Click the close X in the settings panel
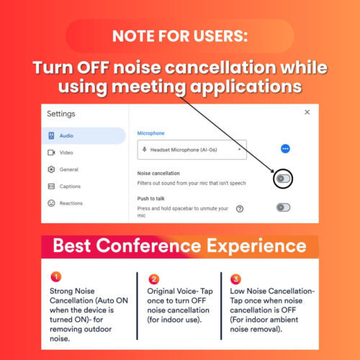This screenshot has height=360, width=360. point(307,112)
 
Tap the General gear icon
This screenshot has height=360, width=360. point(51,169)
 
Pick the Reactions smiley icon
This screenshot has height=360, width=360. point(51,203)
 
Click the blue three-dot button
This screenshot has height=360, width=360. point(285,149)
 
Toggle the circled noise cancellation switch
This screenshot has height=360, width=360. point(283,179)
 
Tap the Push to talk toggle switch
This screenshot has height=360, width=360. point(283,207)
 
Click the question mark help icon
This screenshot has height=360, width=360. point(240,209)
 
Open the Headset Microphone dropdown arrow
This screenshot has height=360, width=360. point(239,150)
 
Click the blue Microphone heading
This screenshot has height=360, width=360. point(150,133)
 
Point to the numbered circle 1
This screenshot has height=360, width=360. point(56,276)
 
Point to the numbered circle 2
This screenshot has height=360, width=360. point(154,279)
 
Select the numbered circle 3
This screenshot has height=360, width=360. point(235,279)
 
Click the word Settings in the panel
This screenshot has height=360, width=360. point(61,114)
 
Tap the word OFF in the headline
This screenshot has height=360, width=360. point(93,68)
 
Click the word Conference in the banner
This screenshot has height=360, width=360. point(148,246)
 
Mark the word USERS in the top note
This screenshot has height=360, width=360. point(220,36)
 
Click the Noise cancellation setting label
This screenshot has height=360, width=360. point(158,174)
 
